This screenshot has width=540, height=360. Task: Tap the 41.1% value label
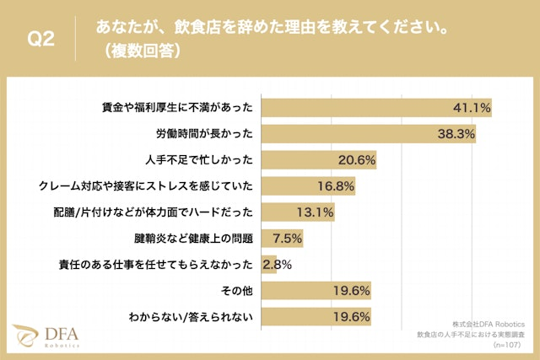472,107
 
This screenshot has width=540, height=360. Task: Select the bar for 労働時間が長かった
369,133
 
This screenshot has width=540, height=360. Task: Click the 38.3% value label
456,133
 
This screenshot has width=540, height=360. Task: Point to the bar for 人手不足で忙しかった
319,159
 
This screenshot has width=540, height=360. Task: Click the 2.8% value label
277,265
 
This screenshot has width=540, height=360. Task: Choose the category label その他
239,291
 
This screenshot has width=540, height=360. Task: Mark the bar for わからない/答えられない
316,317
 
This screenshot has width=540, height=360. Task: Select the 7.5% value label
284,239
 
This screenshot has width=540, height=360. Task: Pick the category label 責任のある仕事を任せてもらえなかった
156,265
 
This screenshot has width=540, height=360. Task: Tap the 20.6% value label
356,159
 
